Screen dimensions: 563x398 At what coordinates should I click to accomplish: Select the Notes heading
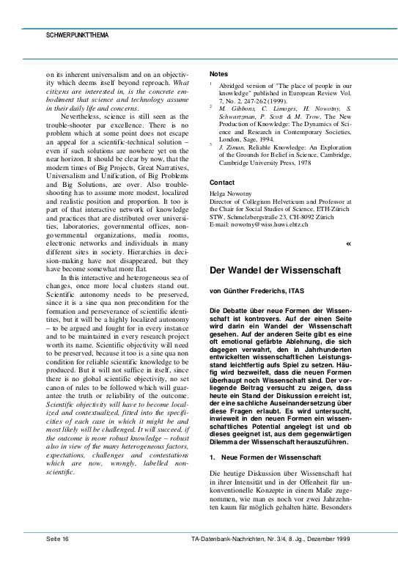click(218, 74)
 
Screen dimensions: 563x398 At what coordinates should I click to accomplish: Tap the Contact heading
click(222, 183)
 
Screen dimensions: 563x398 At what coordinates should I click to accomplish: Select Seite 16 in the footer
click(56, 538)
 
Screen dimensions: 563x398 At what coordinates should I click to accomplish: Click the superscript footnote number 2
click(211, 106)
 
